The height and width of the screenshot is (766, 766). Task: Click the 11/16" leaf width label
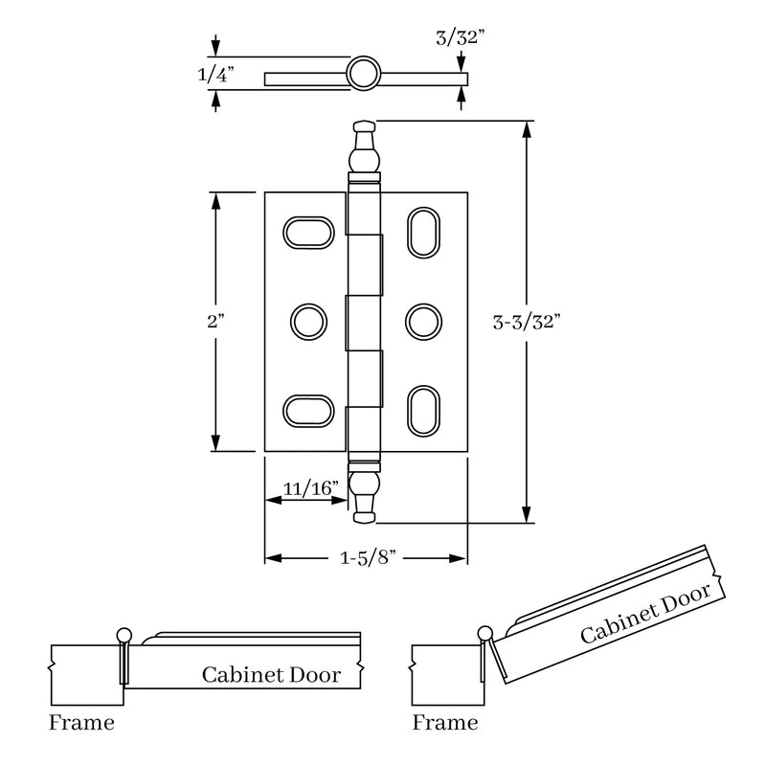coord(312,487)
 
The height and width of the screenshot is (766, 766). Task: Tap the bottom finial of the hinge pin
coord(364,498)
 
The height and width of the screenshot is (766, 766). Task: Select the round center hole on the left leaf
coord(307,320)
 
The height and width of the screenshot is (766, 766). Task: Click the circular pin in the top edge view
coord(363,74)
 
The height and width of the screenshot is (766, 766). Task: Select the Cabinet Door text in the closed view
coord(271,674)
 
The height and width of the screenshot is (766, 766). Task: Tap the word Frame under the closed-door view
coord(81,722)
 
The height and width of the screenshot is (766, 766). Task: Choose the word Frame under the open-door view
coord(445,722)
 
